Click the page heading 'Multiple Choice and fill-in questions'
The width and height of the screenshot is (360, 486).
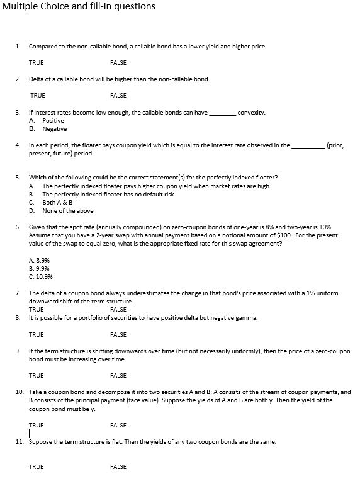pos(79,7)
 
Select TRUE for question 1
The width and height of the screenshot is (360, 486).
pos(36,62)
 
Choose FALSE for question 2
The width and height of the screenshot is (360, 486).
pos(118,95)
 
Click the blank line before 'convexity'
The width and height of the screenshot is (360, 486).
pos(222,113)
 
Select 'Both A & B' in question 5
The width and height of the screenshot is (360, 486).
pos(57,203)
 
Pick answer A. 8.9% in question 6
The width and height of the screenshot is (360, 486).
pos(40,259)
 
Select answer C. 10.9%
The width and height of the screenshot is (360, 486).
pos(41,276)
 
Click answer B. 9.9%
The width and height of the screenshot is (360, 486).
pos(40,267)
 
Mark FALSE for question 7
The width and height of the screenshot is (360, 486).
pos(118,309)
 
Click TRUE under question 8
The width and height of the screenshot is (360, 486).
pos(36,334)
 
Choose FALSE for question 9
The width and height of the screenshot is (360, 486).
pos(118,375)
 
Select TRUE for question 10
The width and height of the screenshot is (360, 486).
pos(36,425)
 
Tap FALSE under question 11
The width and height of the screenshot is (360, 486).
pos(118,466)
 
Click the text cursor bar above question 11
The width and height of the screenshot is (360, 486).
pos(30,434)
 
